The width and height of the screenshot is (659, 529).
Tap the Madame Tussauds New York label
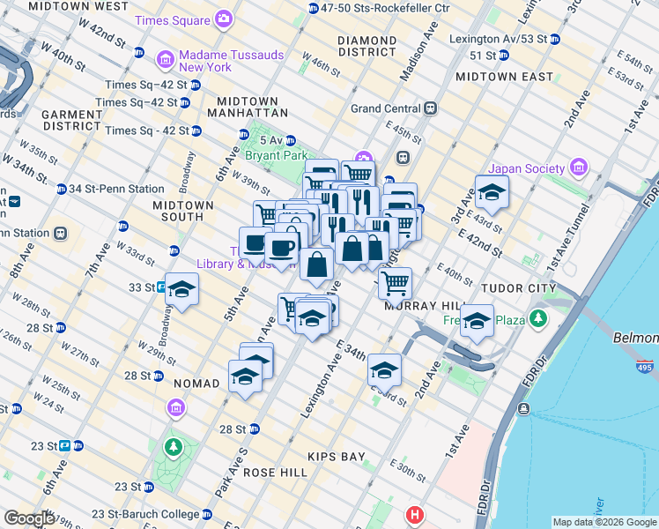tap(231, 61)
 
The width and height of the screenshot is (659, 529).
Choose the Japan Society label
tap(528, 168)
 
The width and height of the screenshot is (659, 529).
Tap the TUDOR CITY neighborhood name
tap(518, 288)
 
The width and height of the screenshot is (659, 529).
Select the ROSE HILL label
tap(275, 473)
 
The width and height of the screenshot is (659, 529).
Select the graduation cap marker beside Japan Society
tap(492, 191)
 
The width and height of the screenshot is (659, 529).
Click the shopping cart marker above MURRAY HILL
tap(396, 283)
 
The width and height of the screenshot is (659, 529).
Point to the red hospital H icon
tap(414, 514)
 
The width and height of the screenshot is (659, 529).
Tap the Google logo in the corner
tap(29, 518)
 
